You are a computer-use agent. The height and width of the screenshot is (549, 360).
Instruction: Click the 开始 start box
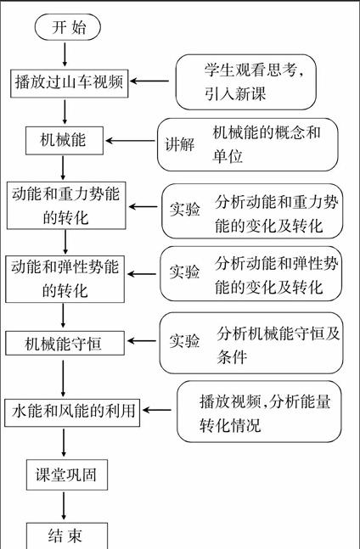point(68,27)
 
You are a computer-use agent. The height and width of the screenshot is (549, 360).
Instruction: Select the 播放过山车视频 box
point(70,83)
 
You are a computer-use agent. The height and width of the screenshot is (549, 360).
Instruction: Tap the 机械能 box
point(65,140)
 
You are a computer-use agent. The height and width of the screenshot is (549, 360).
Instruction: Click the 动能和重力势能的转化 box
point(66,205)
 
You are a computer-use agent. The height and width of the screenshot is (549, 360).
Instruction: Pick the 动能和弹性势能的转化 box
point(65,278)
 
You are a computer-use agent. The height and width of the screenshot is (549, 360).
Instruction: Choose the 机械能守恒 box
point(65,343)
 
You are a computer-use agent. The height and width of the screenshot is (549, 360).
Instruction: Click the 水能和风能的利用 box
point(72,412)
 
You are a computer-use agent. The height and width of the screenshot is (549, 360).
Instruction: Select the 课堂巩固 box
point(67,474)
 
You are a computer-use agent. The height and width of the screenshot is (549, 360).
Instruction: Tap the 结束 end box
point(67,535)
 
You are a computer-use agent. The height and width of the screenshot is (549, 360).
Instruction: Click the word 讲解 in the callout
point(180,144)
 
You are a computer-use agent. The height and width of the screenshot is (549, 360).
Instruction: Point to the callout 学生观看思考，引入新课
point(246,82)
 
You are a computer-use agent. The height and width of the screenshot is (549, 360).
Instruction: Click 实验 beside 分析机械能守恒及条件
point(184,340)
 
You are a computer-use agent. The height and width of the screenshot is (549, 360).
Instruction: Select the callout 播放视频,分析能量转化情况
point(259,412)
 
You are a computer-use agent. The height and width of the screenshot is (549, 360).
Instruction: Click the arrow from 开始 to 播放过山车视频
point(65,54)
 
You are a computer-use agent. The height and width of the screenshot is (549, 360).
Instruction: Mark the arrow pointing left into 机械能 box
point(130,141)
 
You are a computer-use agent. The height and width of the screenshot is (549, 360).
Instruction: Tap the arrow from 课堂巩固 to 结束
point(64,506)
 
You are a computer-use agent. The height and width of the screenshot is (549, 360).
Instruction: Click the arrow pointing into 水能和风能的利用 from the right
point(156,410)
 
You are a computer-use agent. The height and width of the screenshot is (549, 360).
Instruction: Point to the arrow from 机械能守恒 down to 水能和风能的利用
point(63,378)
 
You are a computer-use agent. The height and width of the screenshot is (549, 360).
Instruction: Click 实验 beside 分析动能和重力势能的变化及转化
point(184,209)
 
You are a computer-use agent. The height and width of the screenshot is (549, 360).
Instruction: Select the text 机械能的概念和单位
point(267,144)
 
